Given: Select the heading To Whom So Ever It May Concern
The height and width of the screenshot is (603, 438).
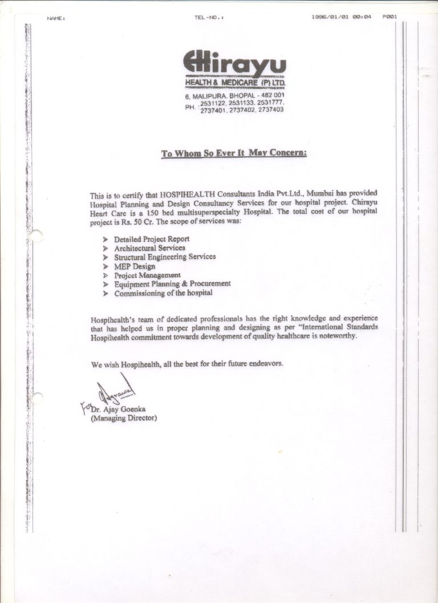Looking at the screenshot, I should click(x=234, y=153).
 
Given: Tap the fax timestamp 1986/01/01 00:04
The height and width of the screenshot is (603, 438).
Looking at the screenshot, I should click(x=342, y=17).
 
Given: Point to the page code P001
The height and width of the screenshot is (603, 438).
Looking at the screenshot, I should click(x=390, y=17).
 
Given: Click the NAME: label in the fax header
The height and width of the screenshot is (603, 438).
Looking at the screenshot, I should click(x=56, y=18).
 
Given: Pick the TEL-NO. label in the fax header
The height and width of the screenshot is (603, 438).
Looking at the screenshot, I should click(x=209, y=18).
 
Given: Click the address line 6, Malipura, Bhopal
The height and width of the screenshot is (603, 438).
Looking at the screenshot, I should click(x=234, y=95).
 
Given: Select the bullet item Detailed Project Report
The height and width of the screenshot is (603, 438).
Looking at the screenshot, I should click(x=151, y=239).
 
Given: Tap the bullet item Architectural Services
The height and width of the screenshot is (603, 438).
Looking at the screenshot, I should click(x=149, y=248).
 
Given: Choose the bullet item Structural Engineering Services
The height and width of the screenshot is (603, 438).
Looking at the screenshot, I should click(x=165, y=257).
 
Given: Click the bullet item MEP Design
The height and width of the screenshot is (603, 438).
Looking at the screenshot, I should click(x=135, y=266).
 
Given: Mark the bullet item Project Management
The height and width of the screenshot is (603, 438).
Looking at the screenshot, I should click(x=147, y=275).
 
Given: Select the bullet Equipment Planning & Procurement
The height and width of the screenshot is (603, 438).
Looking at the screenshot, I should click(x=172, y=284).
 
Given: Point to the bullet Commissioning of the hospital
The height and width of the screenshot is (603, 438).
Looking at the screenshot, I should click(x=163, y=293).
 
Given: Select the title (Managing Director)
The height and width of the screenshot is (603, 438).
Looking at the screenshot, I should click(x=124, y=418).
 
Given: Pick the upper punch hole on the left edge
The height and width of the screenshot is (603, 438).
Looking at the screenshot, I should click(x=35, y=236).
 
